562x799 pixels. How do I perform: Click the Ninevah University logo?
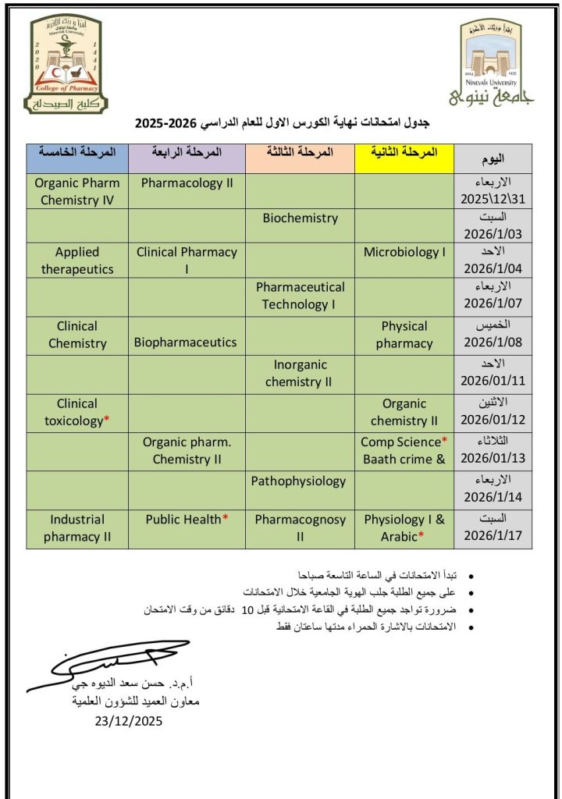pos(493,64)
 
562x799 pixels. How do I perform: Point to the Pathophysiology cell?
pos(300,481)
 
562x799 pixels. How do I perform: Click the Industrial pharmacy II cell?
pos(76,527)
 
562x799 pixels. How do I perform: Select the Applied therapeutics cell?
pos(76,261)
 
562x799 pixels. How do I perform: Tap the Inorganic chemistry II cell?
pos(300,373)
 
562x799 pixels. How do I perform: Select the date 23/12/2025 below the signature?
pos(129,721)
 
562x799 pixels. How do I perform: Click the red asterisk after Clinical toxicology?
pos(107,421)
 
